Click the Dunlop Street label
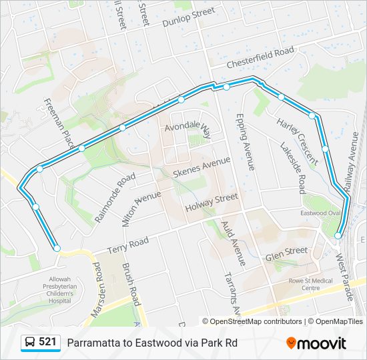pyautogui.click(x=189, y=17)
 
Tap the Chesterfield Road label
pyautogui.click(x=260, y=57)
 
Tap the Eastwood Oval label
pyautogui.click(x=321, y=213)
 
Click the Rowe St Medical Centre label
pyautogui.click(x=310, y=284)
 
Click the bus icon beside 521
pyautogui.click(x=30, y=343)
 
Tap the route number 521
pyautogui.click(x=47, y=342)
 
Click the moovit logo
pyautogui.click(x=316, y=343)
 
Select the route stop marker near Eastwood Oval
pyautogui.click(x=338, y=235)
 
